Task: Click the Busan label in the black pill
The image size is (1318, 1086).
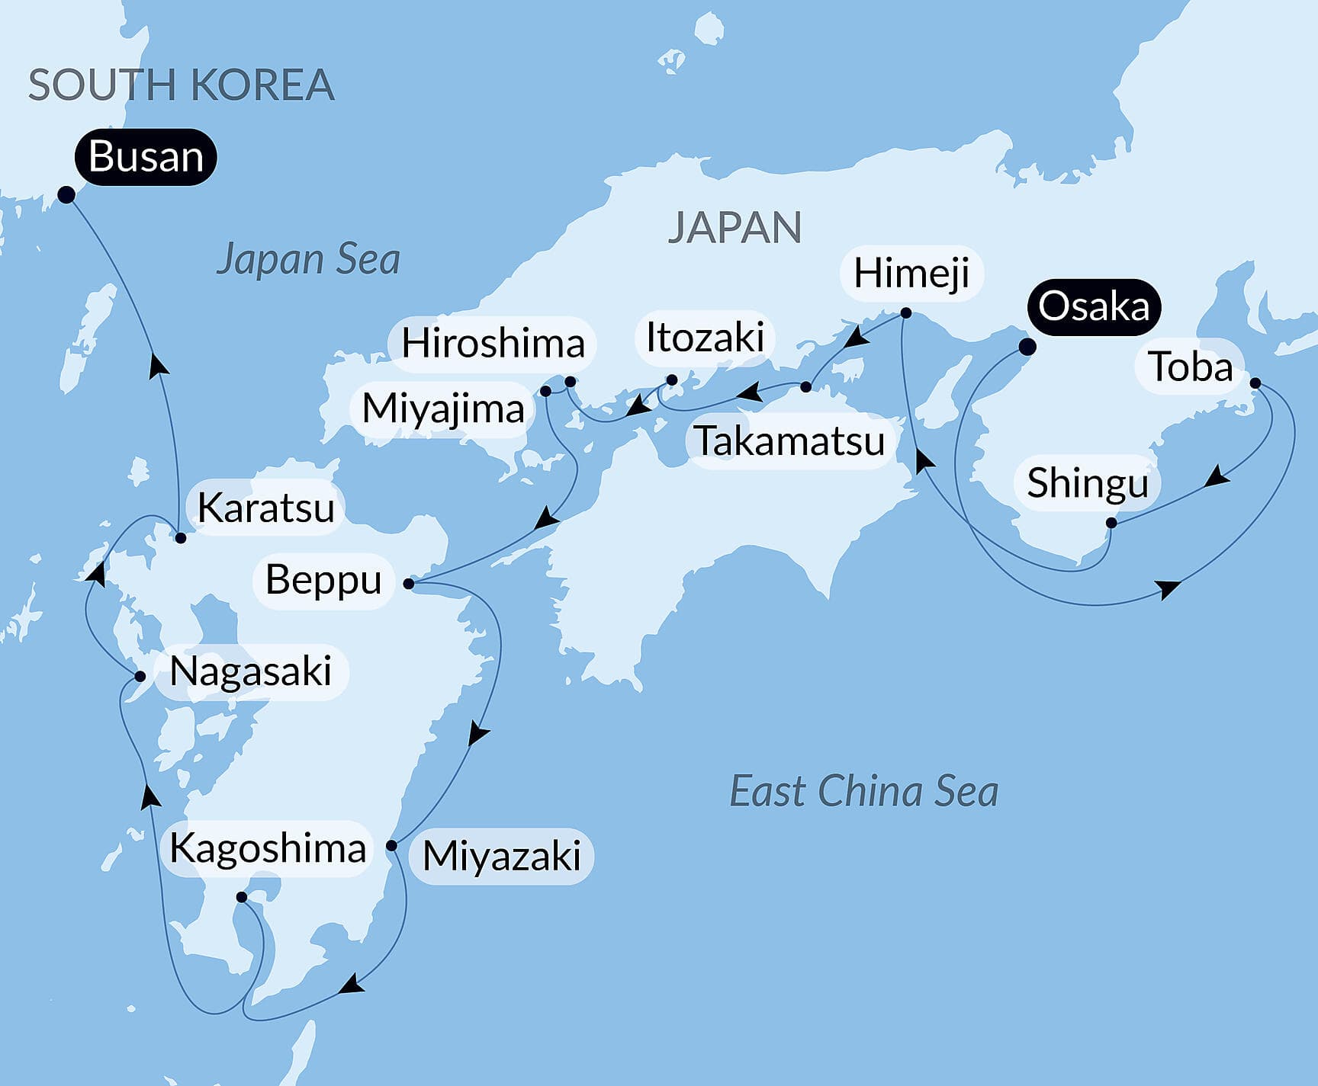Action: pos(146,157)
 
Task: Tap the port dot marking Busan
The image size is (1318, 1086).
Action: pos(66,194)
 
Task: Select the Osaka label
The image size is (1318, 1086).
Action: pos(1093,306)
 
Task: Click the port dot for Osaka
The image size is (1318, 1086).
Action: pos(1027,347)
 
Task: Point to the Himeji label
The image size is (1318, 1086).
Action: pos(911,274)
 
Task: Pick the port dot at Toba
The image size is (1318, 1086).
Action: pos(1255,383)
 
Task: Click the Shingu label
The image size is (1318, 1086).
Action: pos(1087,483)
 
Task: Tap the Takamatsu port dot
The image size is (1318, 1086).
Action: pos(805,387)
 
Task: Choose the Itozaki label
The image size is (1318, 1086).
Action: pos(705,338)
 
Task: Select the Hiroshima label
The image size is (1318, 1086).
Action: pos(493,344)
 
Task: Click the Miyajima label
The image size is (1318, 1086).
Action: pos(442,408)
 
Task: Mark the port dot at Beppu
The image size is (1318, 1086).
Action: pos(409,584)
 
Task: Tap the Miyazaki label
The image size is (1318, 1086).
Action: pos(501,856)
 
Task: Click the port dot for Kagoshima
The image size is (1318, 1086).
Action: pos(241,897)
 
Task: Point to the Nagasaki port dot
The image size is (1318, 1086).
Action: pos(140,676)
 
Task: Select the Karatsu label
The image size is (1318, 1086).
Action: pos(265,508)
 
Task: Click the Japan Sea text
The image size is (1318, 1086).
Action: pos(308,259)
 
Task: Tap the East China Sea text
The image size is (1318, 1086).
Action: pos(863,791)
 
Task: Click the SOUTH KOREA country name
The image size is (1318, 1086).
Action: pos(182,85)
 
